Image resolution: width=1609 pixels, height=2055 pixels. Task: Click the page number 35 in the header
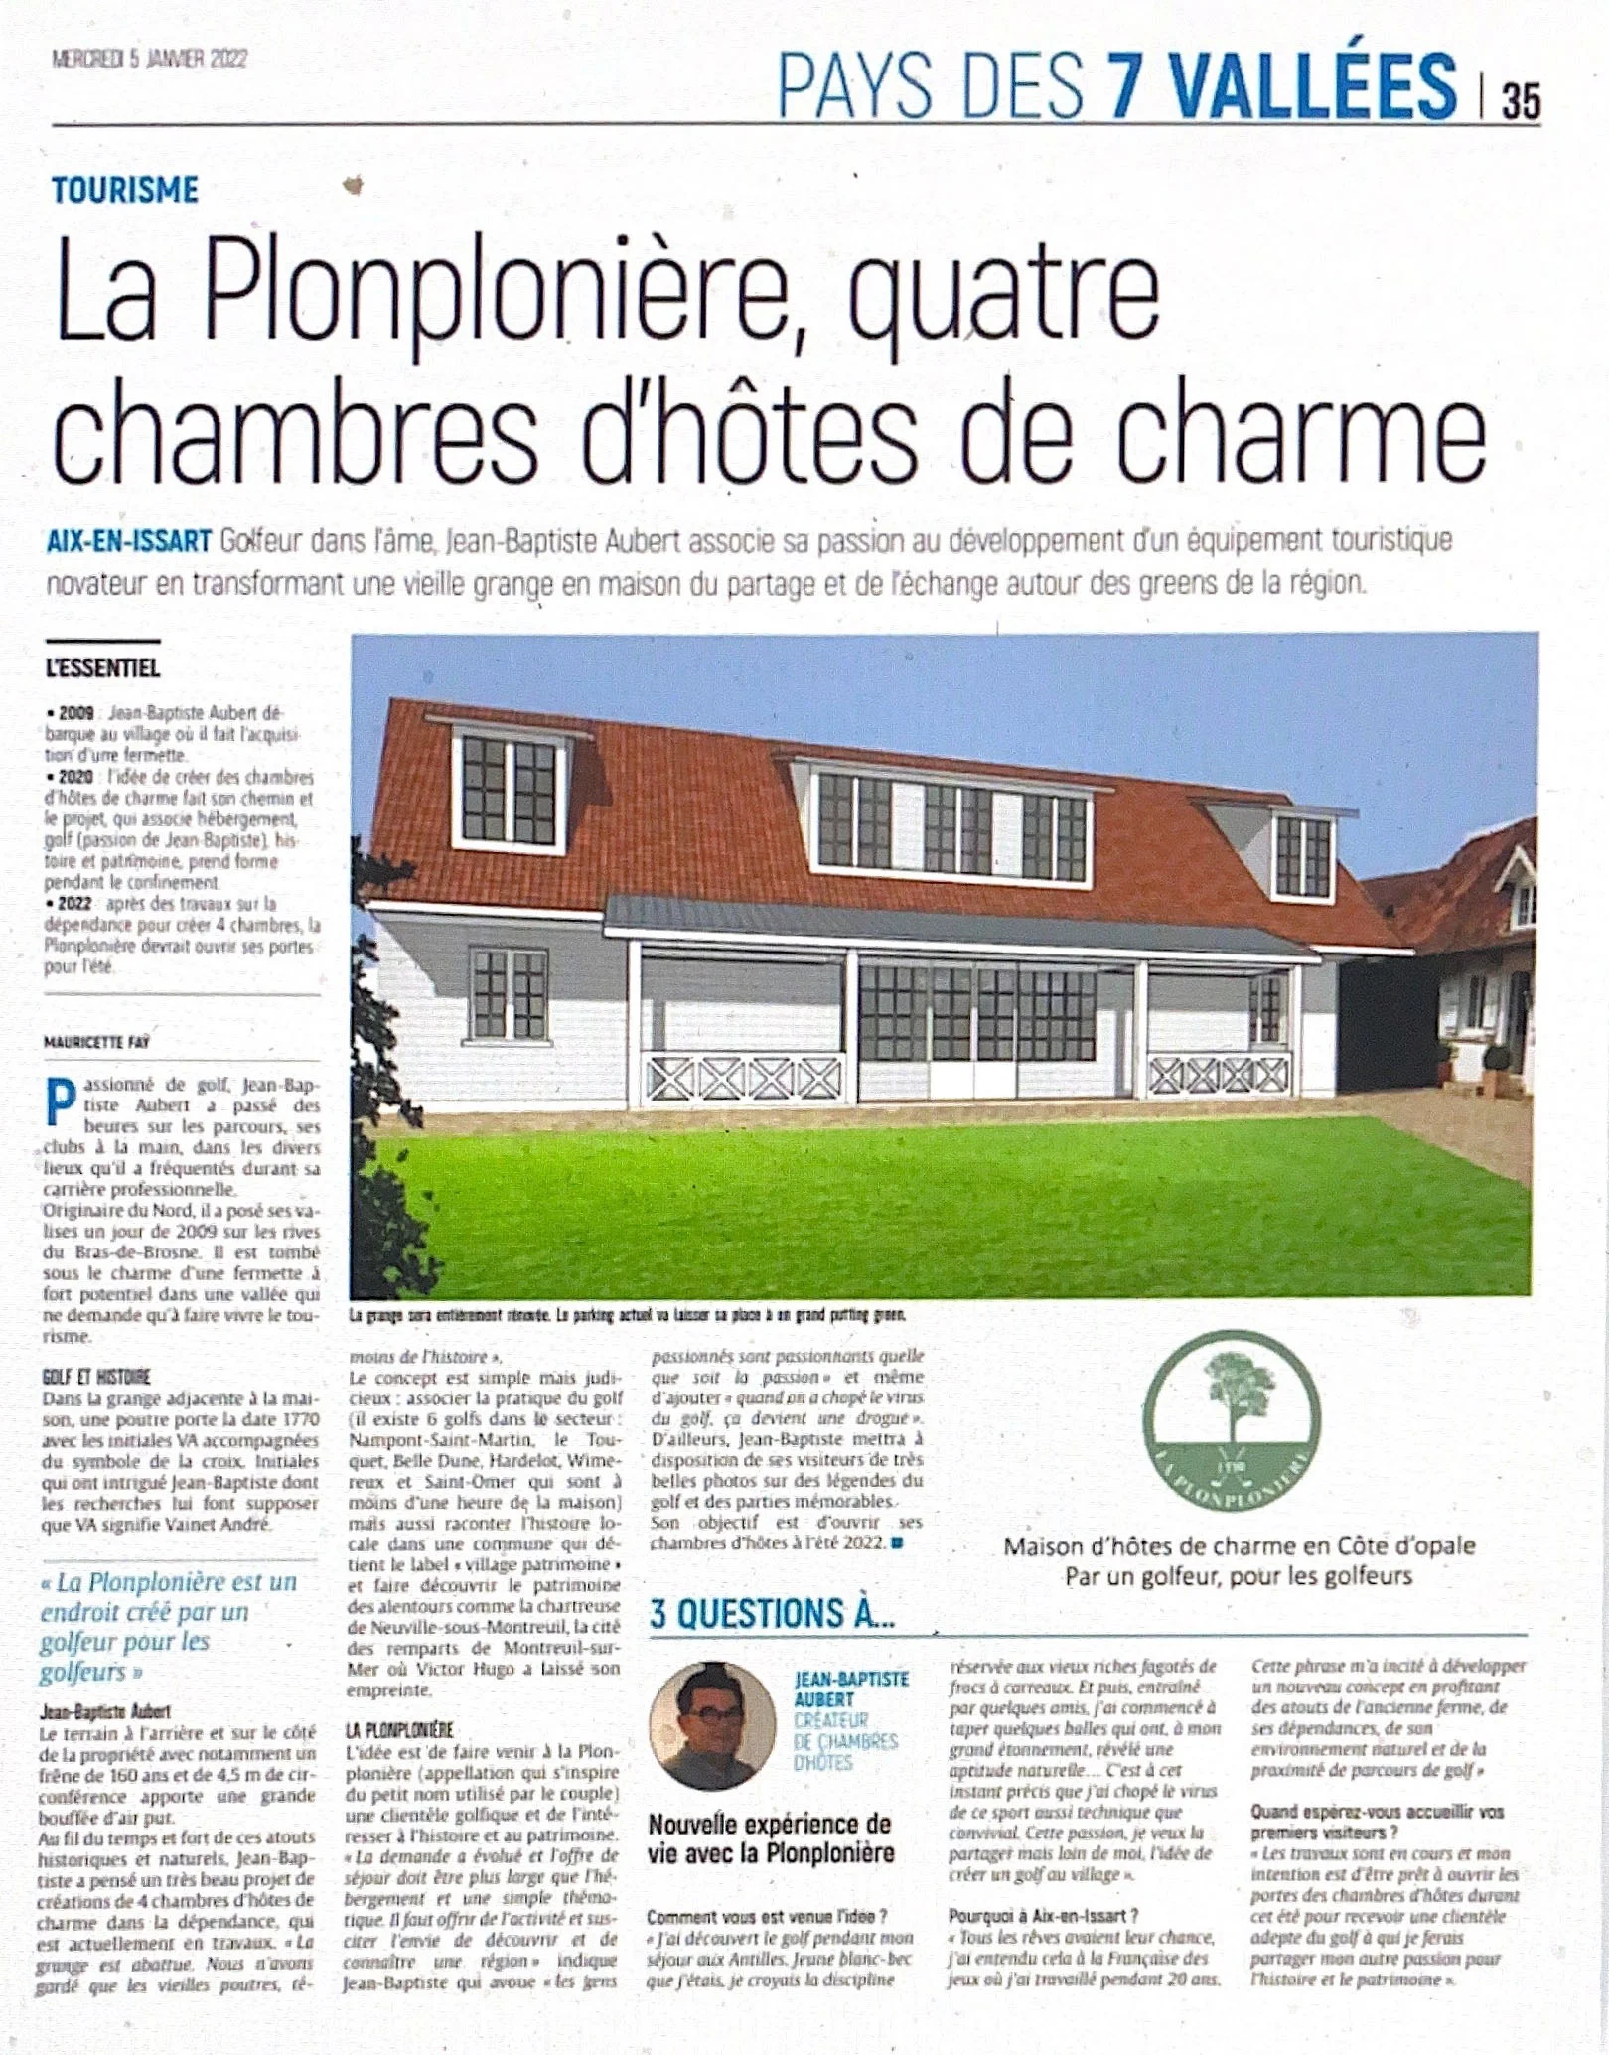[1521, 101]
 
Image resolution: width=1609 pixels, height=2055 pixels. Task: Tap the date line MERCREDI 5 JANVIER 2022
[149, 59]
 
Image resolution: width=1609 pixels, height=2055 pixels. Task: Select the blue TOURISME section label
[125, 190]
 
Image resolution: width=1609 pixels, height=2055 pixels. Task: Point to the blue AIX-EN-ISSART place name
[129, 542]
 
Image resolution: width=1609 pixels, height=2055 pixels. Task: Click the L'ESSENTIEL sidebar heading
[102, 668]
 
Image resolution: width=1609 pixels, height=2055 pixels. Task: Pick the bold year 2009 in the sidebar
[76, 713]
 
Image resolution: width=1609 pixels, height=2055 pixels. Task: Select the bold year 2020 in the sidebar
[76, 777]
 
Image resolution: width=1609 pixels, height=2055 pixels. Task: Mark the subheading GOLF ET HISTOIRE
[96, 1377]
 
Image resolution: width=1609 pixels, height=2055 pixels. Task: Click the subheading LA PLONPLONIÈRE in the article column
[399, 1730]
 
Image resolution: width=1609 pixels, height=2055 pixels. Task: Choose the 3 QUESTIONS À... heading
[773, 1614]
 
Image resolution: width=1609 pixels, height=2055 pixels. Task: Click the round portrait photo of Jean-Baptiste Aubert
[712, 1725]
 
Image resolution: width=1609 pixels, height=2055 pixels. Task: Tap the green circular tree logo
[1232, 1421]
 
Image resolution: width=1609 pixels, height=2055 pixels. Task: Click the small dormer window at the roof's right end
[1302, 855]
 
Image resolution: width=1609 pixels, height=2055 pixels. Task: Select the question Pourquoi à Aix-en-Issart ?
[1043, 1916]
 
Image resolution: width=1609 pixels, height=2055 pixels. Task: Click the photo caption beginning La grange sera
[628, 1315]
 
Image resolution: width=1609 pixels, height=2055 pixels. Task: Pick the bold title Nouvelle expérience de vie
[771, 1838]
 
